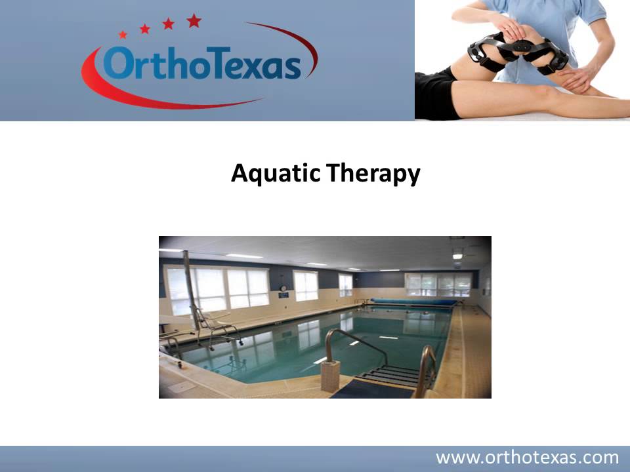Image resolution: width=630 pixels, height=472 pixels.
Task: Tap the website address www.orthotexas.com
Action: pos(528,457)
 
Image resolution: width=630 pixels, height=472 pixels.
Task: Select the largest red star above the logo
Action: pos(194,21)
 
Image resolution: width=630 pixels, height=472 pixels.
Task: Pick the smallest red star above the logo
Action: pos(123,35)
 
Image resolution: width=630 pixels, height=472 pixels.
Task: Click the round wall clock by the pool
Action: pos(283,287)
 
